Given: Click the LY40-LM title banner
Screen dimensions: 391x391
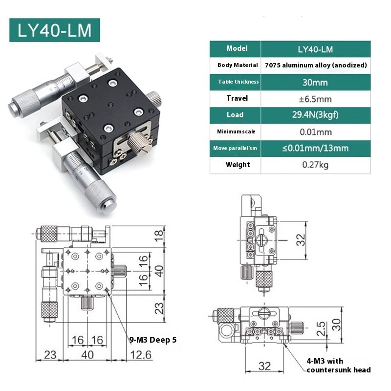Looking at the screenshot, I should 54,30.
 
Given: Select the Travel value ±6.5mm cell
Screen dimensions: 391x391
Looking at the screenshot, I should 315,99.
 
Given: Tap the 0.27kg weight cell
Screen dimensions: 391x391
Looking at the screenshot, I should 315,165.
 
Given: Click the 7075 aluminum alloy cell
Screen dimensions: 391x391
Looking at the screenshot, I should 315,65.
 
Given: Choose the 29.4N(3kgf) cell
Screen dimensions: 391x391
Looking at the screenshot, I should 315,115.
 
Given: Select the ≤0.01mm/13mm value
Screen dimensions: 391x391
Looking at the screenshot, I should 315,148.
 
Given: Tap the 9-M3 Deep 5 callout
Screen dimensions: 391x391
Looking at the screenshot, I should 152,339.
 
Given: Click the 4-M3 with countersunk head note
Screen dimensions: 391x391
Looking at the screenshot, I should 338,365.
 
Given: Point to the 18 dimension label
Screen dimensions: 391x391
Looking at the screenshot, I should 158,237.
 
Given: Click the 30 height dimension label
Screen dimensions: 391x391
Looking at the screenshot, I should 336,324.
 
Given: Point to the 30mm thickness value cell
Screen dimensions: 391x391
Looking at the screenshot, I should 315,82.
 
